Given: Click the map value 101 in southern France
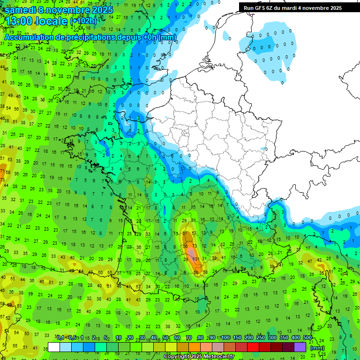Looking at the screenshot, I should click(196, 259).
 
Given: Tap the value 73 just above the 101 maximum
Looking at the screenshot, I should click(195, 246).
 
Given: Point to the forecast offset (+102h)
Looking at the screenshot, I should click(83, 22).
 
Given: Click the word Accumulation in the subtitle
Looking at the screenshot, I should click(28, 37).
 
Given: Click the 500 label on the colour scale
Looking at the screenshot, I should click(307, 338).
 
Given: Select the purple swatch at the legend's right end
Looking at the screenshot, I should click(300, 347).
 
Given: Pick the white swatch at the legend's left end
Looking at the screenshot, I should click(54, 347).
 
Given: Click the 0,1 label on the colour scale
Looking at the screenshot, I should click(60, 338).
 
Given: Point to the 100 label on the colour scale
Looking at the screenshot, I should click(225, 338).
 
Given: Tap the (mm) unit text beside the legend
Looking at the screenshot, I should click(317, 348).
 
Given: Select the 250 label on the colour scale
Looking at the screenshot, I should click(260, 338).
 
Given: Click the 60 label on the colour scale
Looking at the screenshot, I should click(177, 338).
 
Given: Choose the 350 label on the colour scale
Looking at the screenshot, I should click(284, 338).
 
